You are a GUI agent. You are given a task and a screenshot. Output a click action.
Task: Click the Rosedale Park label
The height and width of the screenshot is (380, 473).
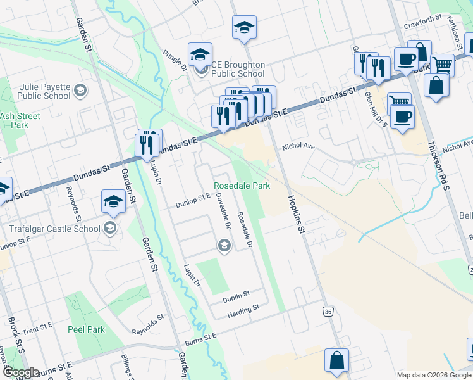click(242, 186)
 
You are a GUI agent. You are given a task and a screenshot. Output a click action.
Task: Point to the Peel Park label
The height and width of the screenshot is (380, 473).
click(87, 330)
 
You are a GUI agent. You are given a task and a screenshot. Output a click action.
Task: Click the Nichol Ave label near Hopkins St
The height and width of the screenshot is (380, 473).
click(298, 146)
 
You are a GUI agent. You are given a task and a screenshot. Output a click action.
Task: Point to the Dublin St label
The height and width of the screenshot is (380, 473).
click(236, 294)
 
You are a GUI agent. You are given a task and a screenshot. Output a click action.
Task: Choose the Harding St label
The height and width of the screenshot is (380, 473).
click(243, 308)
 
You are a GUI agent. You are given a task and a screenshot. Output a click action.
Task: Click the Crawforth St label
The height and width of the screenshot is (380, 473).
click(422, 25)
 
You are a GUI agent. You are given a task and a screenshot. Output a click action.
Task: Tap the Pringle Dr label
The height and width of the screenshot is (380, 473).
click(176, 61)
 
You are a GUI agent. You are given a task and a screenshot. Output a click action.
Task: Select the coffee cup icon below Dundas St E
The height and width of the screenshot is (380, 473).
click(401, 117)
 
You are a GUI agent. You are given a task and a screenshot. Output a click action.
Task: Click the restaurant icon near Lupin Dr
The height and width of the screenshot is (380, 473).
click(146, 144)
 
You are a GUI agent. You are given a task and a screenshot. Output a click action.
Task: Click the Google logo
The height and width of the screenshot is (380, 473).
click(21, 373)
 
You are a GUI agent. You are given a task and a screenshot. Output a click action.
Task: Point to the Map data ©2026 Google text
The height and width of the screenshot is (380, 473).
click(434, 375)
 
